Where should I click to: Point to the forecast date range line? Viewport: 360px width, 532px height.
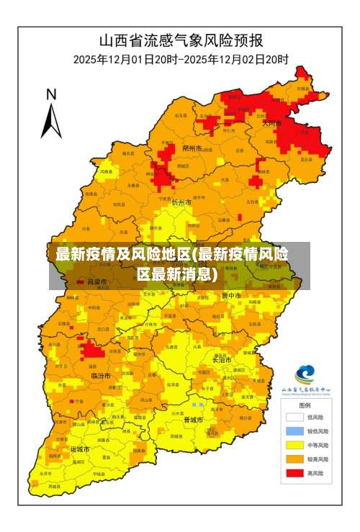pyautogui.click(x=180, y=59)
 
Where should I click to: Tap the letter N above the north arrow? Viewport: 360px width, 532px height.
pyautogui.click(x=51, y=94)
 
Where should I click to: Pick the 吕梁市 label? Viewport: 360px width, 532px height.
pyautogui.click(x=96, y=281)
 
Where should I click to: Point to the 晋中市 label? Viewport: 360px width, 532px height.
pyautogui.click(x=233, y=295)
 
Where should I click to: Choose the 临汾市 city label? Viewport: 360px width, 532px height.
pyautogui.click(x=101, y=376)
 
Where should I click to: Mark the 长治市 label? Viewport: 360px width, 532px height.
pyautogui.click(x=223, y=359)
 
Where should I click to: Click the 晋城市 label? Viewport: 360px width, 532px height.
pyautogui.click(x=193, y=419)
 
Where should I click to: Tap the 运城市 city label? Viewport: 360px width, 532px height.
pyautogui.click(x=80, y=448)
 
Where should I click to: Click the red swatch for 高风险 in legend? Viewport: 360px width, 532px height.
pyautogui.click(x=294, y=473)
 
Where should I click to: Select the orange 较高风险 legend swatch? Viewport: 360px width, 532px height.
pyautogui.click(x=294, y=459)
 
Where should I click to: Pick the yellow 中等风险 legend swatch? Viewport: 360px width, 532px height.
pyautogui.click(x=294, y=445)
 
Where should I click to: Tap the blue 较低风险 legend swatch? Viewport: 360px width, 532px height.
pyautogui.click(x=294, y=430)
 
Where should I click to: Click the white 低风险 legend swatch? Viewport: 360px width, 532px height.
pyautogui.click(x=294, y=416)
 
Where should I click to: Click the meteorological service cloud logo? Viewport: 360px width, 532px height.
pyautogui.click(x=305, y=374)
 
